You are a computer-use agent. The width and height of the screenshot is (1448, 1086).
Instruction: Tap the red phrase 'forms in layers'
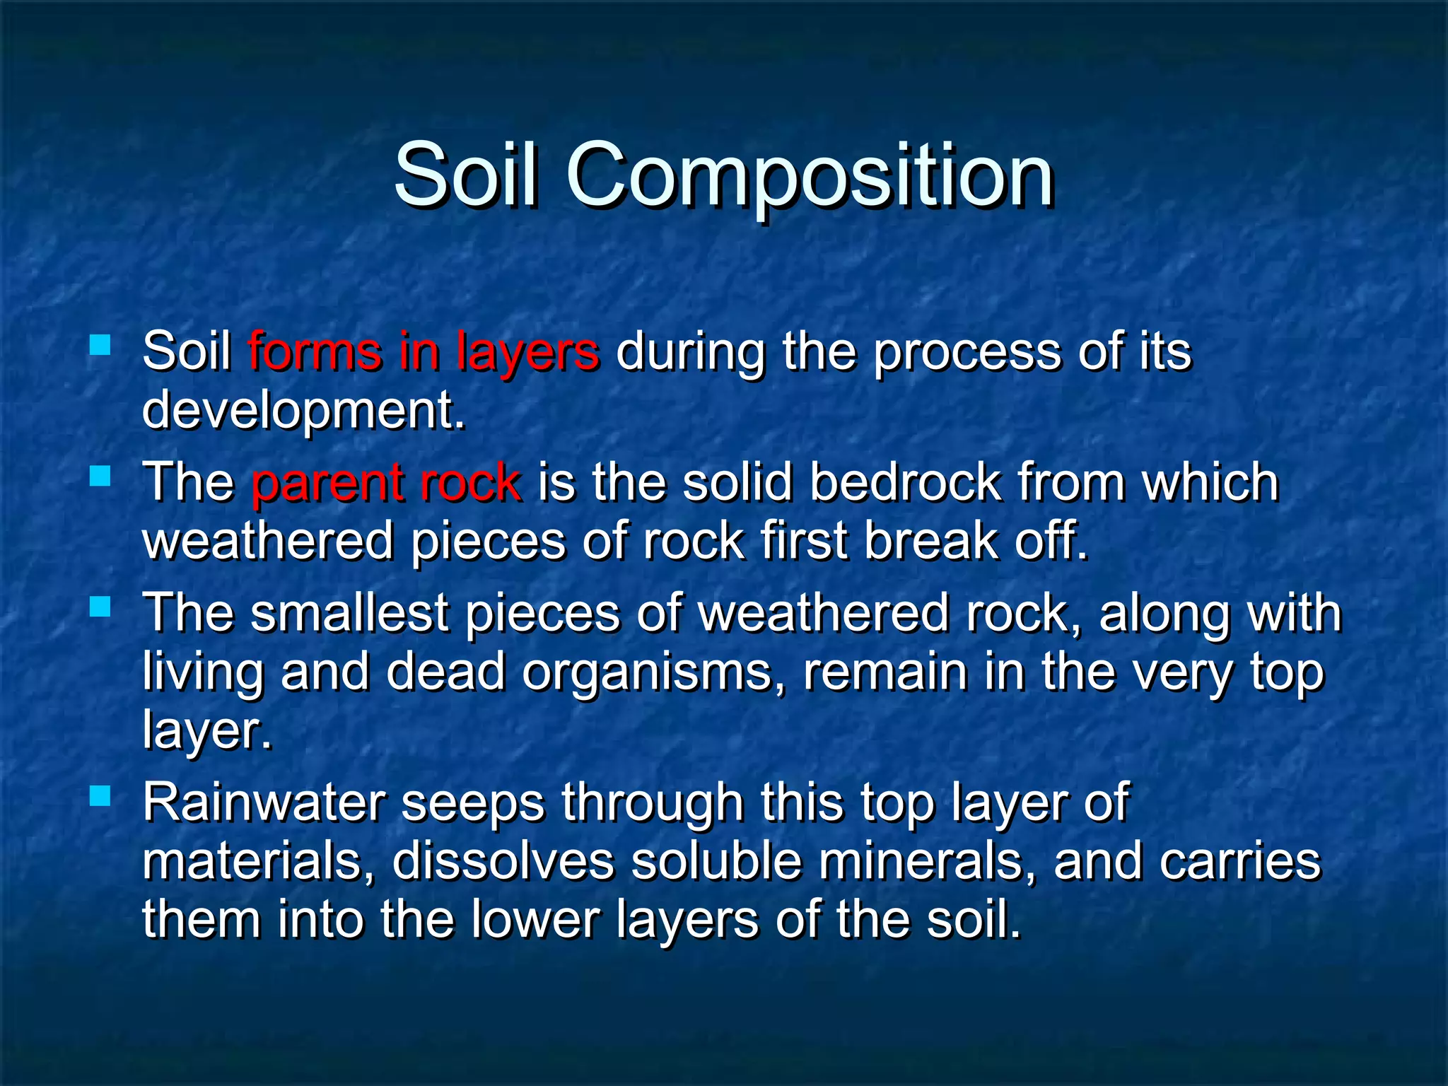tap(424, 351)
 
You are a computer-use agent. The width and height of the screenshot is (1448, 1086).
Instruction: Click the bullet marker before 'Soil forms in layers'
tap(100, 346)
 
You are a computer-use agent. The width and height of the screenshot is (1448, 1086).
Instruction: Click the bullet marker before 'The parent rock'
tap(100, 476)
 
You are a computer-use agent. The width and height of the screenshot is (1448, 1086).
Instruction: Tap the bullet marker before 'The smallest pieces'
tap(100, 607)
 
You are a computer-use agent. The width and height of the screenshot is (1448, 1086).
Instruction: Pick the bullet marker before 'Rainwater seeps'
tap(100, 797)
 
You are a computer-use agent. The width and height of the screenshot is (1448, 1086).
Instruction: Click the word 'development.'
tap(304, 411)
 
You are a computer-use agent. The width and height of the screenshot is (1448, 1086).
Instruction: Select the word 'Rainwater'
tap(264, 803)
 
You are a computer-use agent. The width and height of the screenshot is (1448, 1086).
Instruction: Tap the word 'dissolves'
tap(503, 862)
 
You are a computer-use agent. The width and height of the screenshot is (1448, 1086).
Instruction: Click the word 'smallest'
tap(349, 613)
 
